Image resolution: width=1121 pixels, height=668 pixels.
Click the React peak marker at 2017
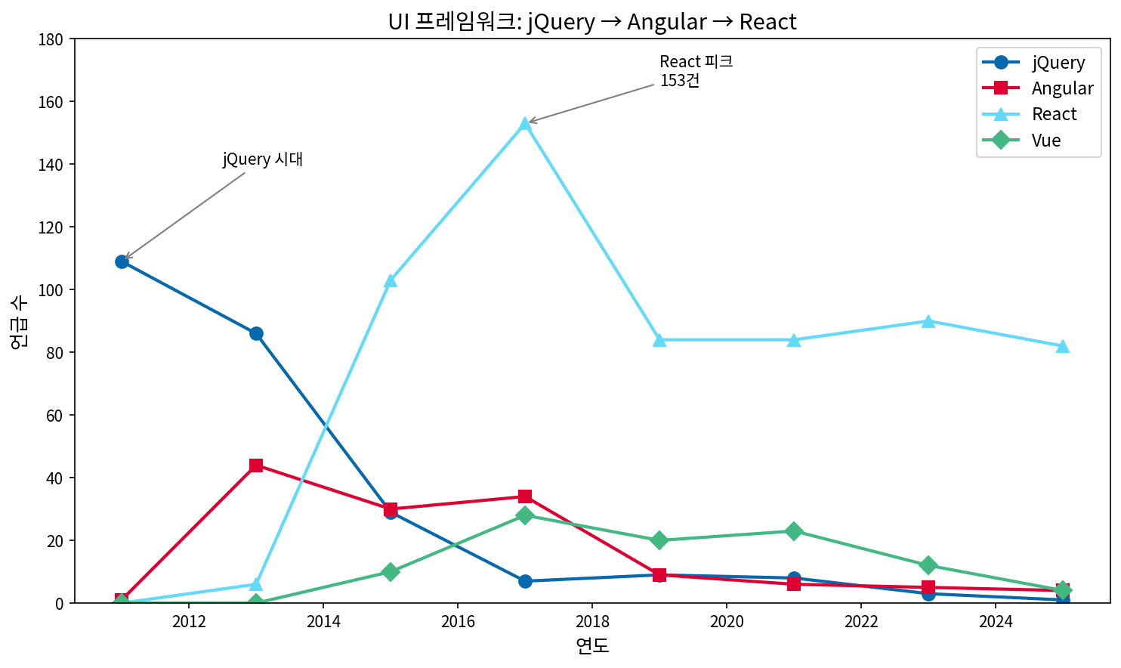point(525,124)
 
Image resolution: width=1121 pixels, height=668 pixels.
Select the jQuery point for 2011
point(122,261)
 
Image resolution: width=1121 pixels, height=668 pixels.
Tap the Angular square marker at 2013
point(256,465)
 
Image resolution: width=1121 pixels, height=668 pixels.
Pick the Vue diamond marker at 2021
point(794,531)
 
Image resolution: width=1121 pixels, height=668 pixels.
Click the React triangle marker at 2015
point(391,280)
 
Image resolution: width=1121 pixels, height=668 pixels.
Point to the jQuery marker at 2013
point(256,333)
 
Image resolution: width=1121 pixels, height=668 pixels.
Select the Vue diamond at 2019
point(659,540)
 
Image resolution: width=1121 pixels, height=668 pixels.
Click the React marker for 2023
point(928,321)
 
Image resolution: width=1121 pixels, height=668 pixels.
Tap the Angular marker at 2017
point(525,496)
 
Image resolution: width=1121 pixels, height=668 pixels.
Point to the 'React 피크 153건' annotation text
point(696,71)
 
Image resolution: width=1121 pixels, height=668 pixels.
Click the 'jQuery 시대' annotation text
point(263,159)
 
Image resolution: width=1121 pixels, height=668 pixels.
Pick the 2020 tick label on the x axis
point(727,622)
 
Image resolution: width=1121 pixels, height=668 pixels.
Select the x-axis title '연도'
point(592,646)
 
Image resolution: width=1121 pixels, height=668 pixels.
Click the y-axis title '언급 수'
point(19,321)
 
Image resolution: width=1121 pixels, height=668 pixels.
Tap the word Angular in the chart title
point(666,22)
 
